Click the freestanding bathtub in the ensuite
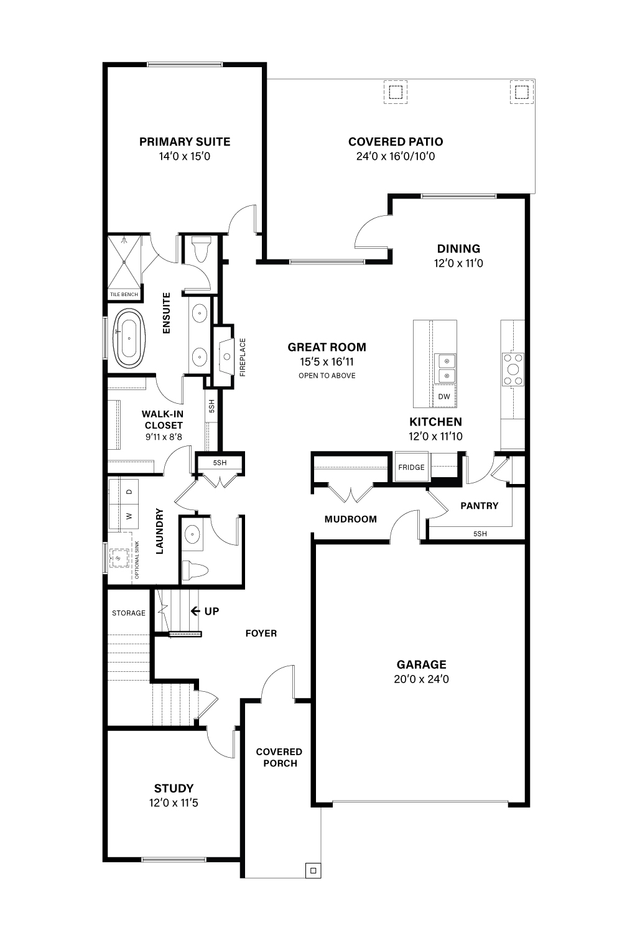[129, 338]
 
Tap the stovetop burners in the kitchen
[513, 370]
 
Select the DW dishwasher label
[444, 396]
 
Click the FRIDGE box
[411, 467]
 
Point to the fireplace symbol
[226, 356]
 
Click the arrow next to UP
[195, 611]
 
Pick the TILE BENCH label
[124, 294]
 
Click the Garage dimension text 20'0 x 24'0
[421, 679]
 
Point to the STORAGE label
[128, 613]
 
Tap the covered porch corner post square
[313, 870]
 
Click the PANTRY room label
[480, 506]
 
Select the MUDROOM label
[350, 519]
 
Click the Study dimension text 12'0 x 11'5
[174, 803]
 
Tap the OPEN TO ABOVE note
[327, 376]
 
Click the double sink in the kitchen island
[444, 368]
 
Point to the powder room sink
[193, 534]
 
